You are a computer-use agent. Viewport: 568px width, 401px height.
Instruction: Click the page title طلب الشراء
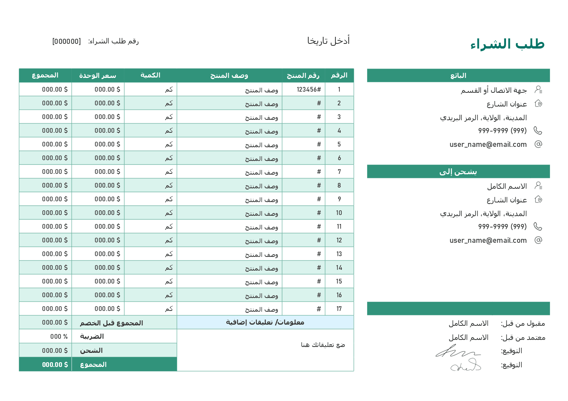click(507, 44)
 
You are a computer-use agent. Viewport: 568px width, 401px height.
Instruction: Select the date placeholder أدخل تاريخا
click(328, 41)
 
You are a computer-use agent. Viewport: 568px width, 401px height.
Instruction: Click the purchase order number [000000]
click(67, 42)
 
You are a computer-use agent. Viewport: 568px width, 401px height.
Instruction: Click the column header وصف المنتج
click(229, 75)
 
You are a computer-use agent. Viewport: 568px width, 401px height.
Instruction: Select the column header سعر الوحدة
click(98, 75)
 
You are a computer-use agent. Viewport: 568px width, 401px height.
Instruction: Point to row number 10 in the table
click(339, 213)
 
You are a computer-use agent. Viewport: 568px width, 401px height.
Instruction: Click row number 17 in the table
click(339, 309)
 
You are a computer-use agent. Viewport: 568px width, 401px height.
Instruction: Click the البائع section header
click(458, 76)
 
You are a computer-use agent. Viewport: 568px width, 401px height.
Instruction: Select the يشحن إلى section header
click(458, 172)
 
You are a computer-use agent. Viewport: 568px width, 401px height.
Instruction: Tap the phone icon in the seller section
click(538, 130)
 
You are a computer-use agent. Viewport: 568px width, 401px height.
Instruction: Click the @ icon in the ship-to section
click(538, 240)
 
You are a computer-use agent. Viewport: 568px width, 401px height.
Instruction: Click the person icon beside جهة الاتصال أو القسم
click(538, 90)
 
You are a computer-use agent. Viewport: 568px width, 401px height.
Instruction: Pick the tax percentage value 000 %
click(59, 336)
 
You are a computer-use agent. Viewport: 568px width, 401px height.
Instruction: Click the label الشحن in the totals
click(91, 350)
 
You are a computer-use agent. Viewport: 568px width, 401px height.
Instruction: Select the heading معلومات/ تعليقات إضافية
click(265, 322)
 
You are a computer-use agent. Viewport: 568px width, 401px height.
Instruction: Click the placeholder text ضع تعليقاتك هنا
click(323, 345)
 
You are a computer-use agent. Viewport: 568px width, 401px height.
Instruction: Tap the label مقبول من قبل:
click(523, 323)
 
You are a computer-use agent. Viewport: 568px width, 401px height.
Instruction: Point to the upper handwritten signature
click(457, 351)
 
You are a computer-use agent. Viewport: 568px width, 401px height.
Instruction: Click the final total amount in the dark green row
click(55, 365)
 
